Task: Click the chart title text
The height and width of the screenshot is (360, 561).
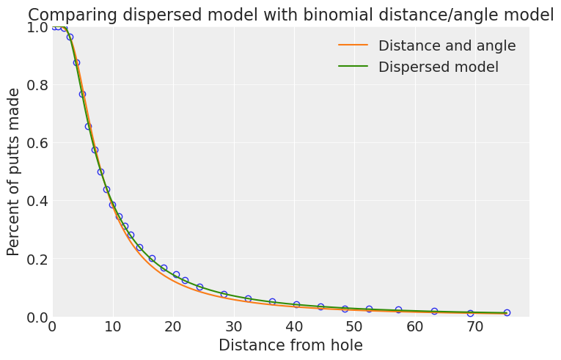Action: pos(290,15)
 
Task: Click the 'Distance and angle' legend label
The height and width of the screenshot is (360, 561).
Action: pos(447,46)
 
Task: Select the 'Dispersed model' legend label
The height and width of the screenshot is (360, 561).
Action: pos(438,67)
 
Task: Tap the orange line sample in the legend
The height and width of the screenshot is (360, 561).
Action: pos(353,46)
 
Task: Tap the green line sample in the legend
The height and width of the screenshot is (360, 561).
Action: pos(353,67)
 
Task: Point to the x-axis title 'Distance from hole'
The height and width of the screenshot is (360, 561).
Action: pos(290,345)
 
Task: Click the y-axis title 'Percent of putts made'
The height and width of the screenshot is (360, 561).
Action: pos(14,172)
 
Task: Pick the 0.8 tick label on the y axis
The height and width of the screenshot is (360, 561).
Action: pos(32,85)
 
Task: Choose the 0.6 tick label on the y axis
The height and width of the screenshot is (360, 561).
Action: pos(32,143)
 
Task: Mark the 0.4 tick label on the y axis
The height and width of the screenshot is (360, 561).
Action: pos(32,201)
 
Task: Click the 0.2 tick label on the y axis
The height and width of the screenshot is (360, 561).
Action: pos(32,259)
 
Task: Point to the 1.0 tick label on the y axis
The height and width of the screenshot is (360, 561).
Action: pos(32,27)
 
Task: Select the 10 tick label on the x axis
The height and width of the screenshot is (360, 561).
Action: pos(112,326)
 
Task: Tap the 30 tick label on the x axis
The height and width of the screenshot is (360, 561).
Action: pos(233,326)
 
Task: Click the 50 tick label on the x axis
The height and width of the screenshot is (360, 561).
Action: pos(354,326)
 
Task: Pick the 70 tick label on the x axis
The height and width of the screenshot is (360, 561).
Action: pos(475,326)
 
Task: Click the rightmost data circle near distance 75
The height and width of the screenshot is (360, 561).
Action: pos(507,312)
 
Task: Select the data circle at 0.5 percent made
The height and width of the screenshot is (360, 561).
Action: pos(100,172)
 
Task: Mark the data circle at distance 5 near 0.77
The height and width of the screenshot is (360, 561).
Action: pos(82,94)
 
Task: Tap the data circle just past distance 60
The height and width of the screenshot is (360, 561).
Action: pos(434,311)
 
